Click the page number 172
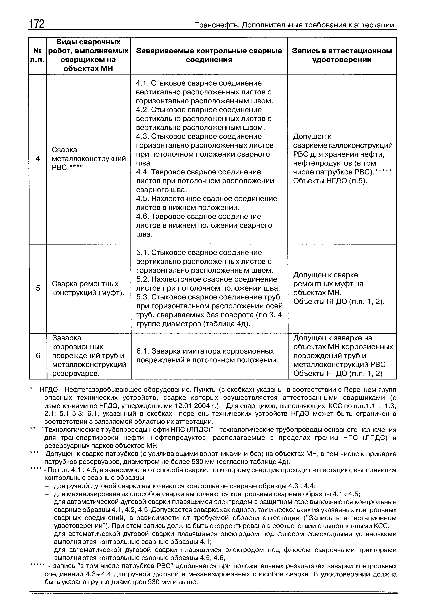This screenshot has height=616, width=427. pyautogui.click(x=36, y=24)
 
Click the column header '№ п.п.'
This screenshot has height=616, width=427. pyautogui.click(x=38, y=55)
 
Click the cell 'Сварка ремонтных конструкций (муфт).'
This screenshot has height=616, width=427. pyautogui.click(x=89, y=288)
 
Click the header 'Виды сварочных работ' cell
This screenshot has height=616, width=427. pyautogui.click(x=88, y=55)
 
